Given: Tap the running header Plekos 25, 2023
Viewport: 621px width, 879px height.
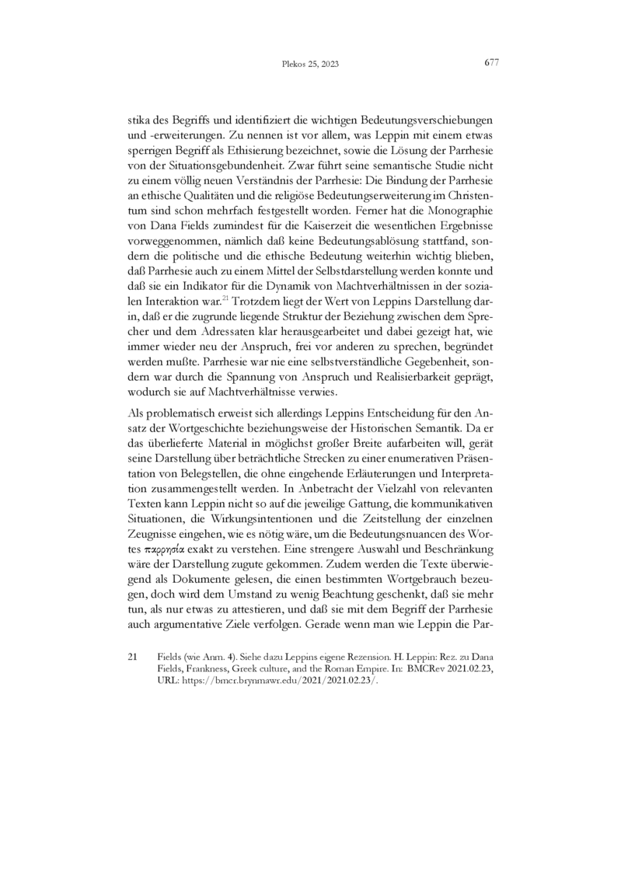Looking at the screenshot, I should point(309,65).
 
